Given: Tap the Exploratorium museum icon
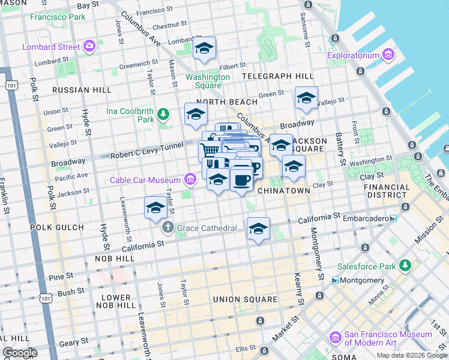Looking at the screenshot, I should click(388, 56).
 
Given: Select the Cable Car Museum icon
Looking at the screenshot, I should click(190, 179).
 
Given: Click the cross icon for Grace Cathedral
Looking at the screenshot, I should click(168, 228).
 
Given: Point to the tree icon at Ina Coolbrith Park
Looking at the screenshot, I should click(163, 114).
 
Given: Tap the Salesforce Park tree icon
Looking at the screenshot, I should click(405, 265).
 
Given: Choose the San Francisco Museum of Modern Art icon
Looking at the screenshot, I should click(335, 339).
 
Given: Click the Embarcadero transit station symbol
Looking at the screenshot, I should click(393, 218).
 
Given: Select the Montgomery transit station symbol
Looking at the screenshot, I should click(336, 280).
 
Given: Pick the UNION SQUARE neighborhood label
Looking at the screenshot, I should click(245, 299).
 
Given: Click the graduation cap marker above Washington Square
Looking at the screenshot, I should click(204, 49).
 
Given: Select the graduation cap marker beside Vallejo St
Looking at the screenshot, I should click(306, 98).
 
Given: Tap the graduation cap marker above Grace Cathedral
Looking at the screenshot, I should click(155, 208).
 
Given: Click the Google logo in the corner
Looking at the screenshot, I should click(20, 352).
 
